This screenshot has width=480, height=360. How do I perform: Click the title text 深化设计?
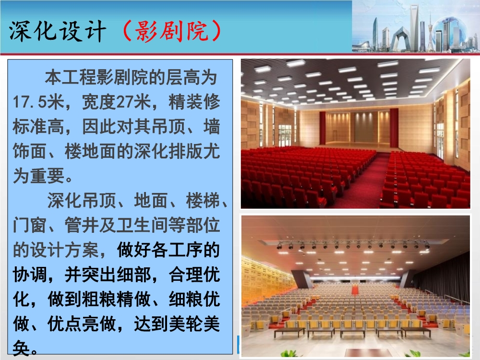[x=57, y=31]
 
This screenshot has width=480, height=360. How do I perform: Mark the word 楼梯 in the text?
[x=202, y=200]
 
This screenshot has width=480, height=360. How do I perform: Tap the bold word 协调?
[x=29, y=275]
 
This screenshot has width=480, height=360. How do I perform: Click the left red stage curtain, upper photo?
[x=322, y=128]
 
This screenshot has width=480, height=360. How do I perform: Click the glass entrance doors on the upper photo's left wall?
[x=285, y=134]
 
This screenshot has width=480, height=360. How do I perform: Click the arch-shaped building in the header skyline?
[x=399, y=38]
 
